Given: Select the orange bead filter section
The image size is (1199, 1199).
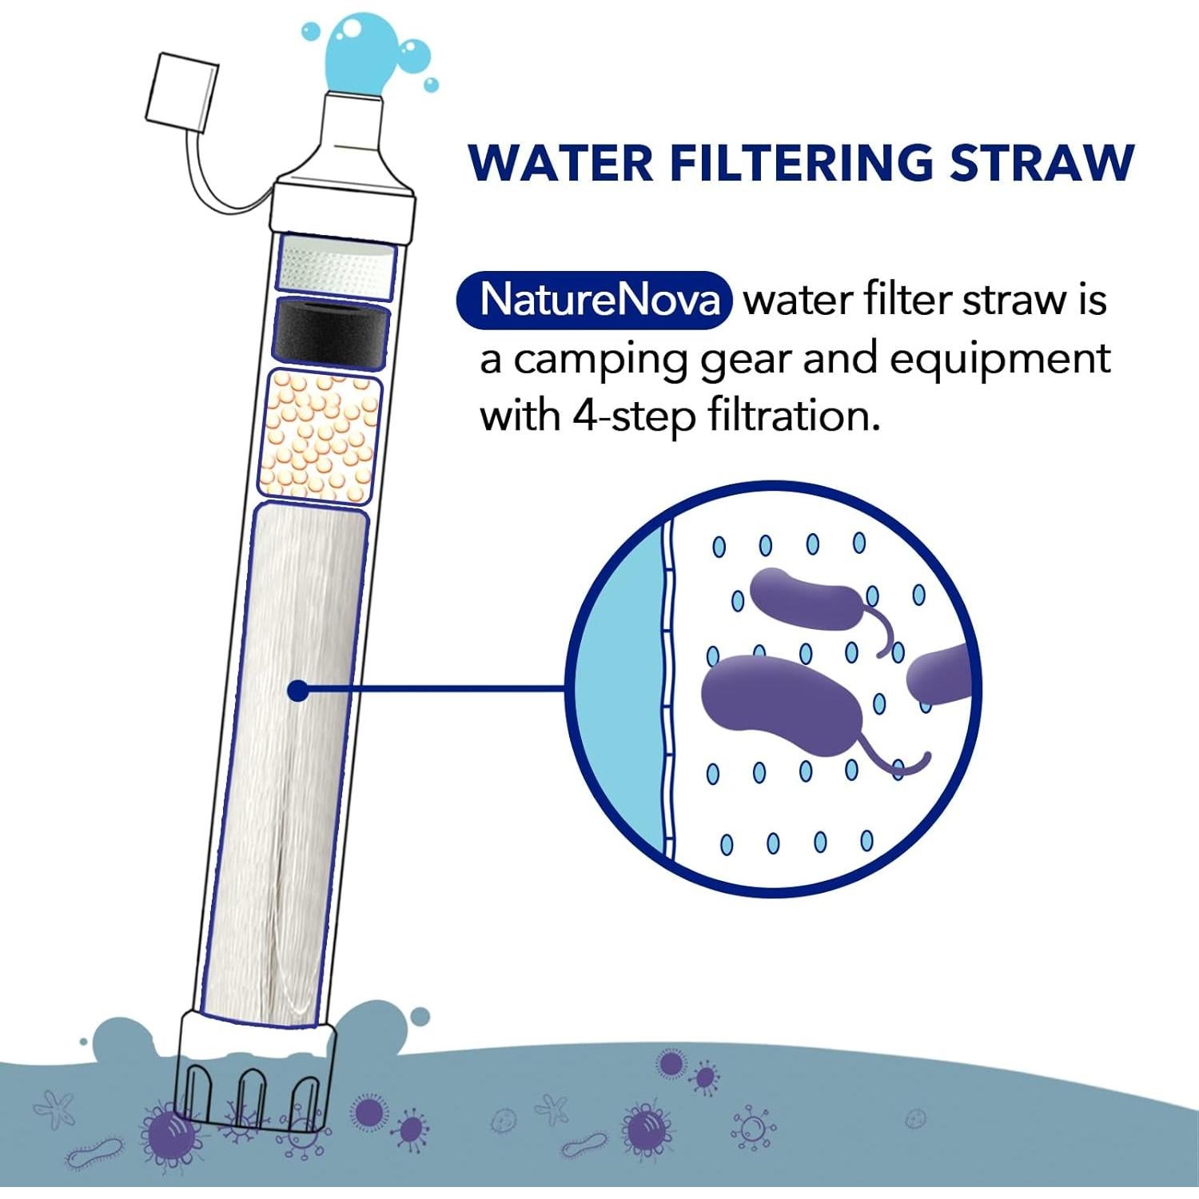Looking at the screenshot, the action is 320,436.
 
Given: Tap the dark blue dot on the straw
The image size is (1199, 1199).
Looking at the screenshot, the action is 297,691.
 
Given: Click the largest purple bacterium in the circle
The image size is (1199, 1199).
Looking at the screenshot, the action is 779,702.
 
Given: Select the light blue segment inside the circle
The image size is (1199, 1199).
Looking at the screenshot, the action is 623,687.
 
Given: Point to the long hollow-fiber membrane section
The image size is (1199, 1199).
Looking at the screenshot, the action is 288,759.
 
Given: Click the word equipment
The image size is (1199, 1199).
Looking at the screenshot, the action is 999,360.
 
